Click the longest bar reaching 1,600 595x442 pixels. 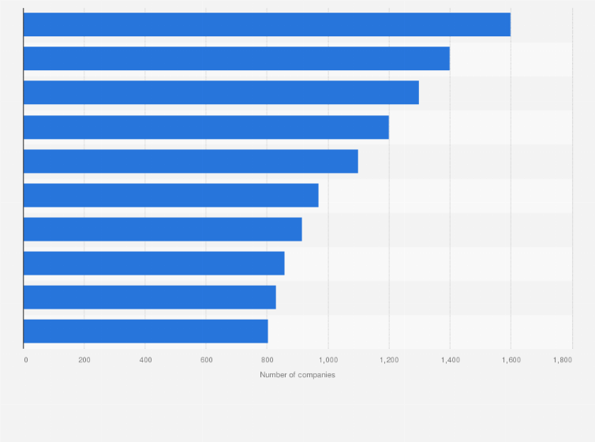click(x=267, y=24)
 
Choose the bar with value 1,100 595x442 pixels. click(x=190, y=161)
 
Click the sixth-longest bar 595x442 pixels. click(x=170, y=195)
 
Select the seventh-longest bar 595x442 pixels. click(x=163, y=229)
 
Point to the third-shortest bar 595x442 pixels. click(x=154, y=263)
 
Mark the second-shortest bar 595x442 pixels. click(x=149, y=297)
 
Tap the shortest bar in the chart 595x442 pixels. click(x=145, y=331)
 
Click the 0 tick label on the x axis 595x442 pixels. click(x=26, y=360)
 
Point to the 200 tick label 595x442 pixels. click(x=84, y=360)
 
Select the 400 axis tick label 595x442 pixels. click(x=145, y=360)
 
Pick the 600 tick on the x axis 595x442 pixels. click(x=206, y=360)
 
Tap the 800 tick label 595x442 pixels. click(x=267, y=360)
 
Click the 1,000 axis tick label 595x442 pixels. click(x=327, y=360)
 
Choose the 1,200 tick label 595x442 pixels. click(x=388, y=360)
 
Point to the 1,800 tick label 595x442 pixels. click(x=562, y=360)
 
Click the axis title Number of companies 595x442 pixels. click(x=297, y=374)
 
